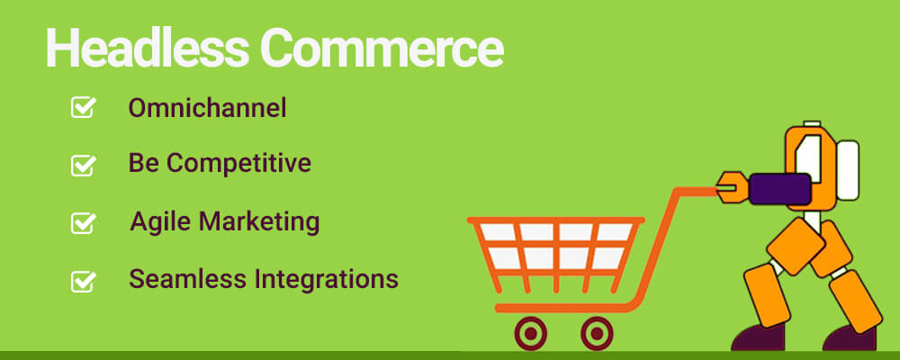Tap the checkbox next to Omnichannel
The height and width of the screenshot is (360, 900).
(x=84, y=108)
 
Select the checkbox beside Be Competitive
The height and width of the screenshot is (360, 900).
(x=84, y=165)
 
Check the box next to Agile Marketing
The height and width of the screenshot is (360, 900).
(x=84, y=222)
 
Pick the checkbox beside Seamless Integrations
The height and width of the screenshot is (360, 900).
(x=84, y=281)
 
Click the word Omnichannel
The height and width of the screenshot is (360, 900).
(x=207, y=109)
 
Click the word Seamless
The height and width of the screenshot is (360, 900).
(x=180, y=279)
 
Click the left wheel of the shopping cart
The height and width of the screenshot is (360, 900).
(x=531, y=333)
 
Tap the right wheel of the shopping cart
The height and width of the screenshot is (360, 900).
(x=595, y=333)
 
